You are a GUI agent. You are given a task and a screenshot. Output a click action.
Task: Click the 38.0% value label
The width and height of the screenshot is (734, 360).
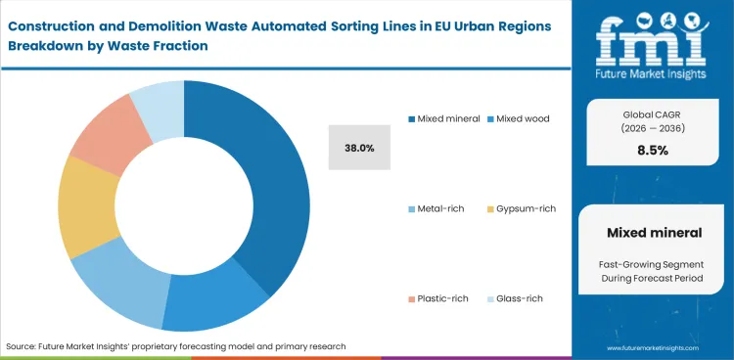coord(360,148)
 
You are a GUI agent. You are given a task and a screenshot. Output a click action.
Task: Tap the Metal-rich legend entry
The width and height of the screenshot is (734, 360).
coord(440,208)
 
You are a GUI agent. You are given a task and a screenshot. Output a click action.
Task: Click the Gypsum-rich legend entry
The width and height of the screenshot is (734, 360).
coord(524,208)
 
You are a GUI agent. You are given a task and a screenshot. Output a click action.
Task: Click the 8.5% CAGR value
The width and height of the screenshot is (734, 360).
coord(652,151)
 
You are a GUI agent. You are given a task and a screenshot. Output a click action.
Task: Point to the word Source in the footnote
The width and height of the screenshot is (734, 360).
coord(23,346)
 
